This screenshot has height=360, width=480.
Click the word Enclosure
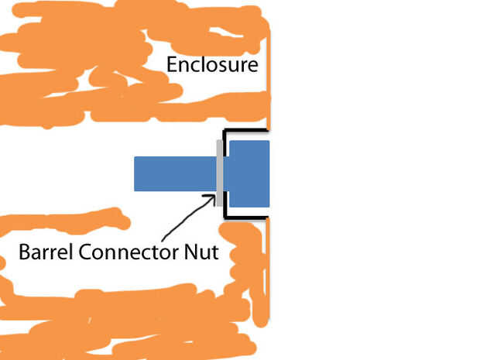(212, 64)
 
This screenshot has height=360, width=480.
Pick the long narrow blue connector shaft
(174, 173)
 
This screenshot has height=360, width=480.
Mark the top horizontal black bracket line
(246, 131)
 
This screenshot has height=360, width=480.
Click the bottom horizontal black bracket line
(246, 218)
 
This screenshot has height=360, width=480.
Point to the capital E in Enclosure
(173, 64)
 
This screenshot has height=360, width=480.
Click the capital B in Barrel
(24, 252)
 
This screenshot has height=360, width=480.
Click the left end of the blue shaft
(137, 173)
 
